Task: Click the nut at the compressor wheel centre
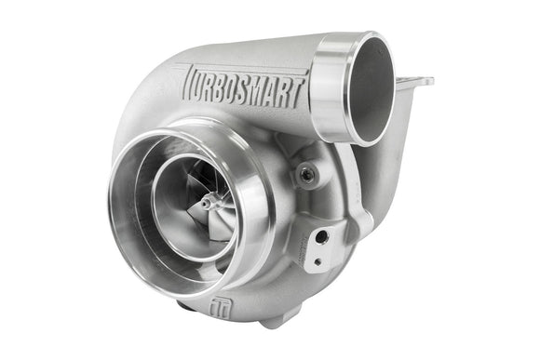pos(207,199)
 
